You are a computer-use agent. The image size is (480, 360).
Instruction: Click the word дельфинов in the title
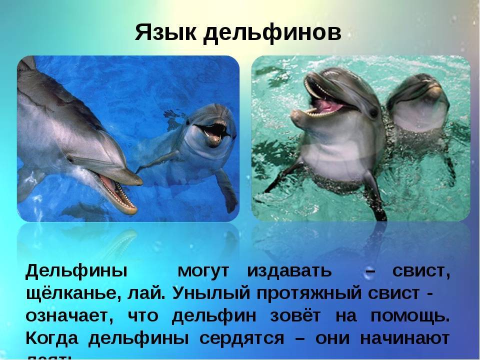272,33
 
